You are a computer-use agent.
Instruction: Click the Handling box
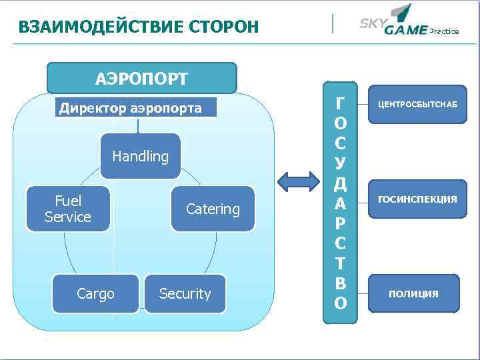point(140,156)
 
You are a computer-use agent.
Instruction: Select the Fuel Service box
point(67,209)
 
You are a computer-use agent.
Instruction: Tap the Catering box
point(213,209)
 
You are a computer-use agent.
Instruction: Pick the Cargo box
point(95,293)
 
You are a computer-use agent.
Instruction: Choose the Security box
point(185,293)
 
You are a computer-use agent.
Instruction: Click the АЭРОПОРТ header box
point(141,78)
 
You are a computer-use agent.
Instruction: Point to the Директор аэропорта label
point(131,108)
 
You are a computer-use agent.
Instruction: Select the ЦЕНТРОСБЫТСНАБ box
point(413,105)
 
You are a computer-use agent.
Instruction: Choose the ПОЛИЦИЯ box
point(413,293)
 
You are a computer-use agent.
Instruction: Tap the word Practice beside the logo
point(444,31)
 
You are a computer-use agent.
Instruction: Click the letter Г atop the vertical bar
point(341,103)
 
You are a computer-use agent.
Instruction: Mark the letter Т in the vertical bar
point(341,263)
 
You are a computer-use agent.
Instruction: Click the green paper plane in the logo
point(402,11)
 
